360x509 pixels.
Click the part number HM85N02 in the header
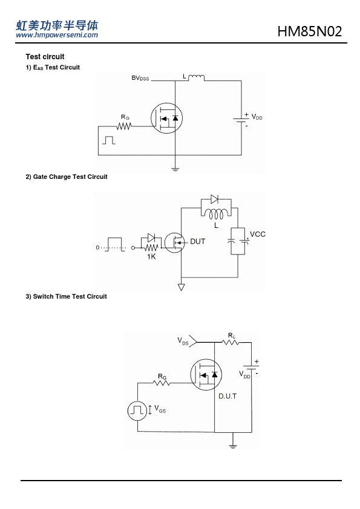[309, 31]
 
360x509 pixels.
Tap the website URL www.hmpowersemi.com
[57, 35]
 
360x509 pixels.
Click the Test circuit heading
[45, 57]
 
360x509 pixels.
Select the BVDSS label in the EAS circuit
[140, 78]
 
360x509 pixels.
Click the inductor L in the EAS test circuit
[196, 77]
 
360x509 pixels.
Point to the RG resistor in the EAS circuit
[124, 126]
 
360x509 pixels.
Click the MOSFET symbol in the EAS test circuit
[166, 118]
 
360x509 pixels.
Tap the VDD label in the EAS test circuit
[257, 117]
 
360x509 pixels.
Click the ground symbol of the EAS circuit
[175, 169]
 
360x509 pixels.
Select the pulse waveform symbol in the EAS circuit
[109, 140]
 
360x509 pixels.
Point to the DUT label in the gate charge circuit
[197, 242]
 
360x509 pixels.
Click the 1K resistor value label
[151, 257]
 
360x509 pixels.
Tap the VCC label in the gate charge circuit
[258, 234]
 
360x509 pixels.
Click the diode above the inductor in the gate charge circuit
[214, 199]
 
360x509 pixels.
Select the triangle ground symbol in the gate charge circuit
[182, 287]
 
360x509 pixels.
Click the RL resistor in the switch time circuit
[231, 342]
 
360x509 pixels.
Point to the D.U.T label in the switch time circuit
[227, 396]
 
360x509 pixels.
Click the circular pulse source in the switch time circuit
[137, 410]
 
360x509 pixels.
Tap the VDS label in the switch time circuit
[183, 341]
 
